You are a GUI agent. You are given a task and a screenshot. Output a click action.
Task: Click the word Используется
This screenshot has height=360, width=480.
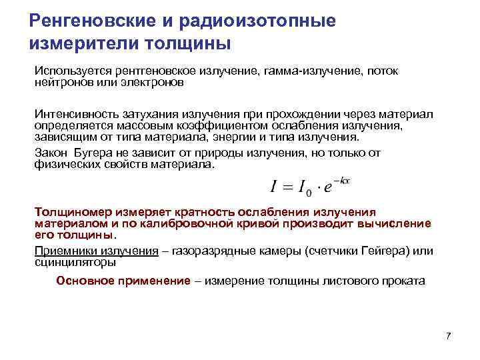tap(69, 71)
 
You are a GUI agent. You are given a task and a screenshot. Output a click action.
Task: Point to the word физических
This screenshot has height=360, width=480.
tap(63, 165)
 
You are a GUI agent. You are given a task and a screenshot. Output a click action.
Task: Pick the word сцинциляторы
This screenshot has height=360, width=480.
tap(75, 263)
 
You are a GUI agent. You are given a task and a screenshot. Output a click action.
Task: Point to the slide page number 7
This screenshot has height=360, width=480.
tap(448, 336)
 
